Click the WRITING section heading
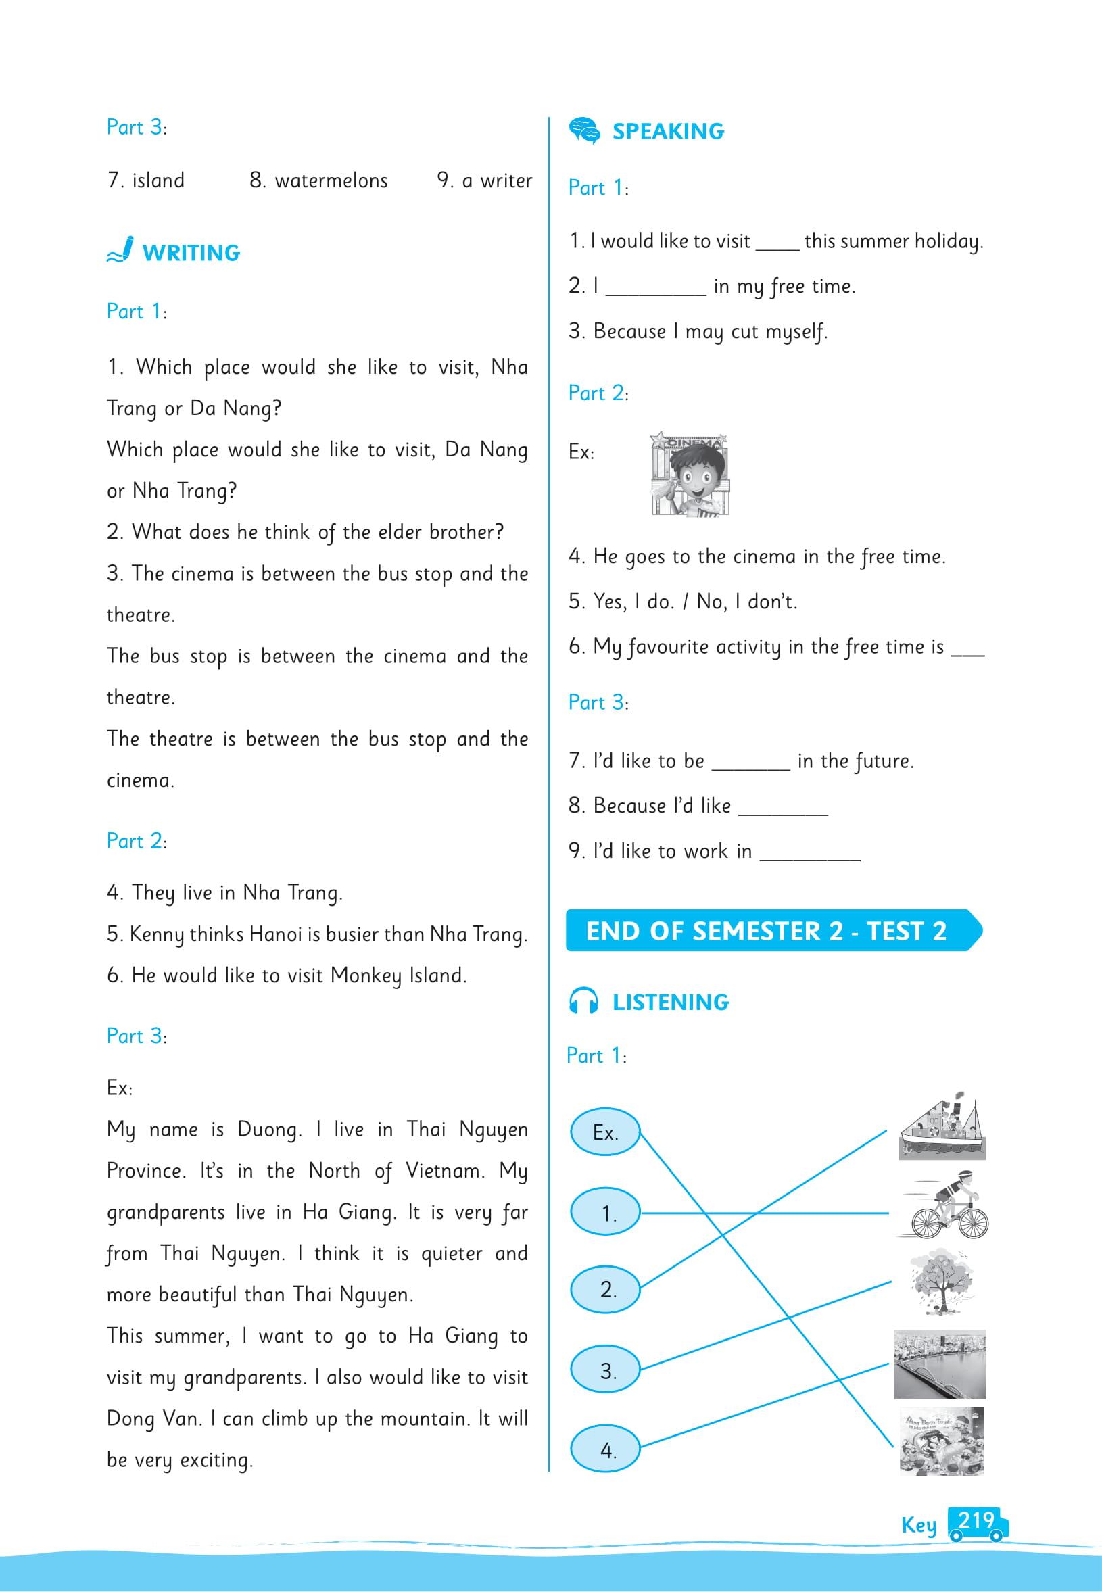[x=191, y=253]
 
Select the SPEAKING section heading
[x=668, y=131]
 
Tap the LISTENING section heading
[x=670, y=1002]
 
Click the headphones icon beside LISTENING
[x=583, y=1001]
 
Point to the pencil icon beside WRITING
[x=120, y=250]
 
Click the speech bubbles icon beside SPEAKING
[x=584, y=130]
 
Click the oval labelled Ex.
[x=605, y=1132]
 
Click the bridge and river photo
[x=940, y=1365]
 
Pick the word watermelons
[x=331, y=181]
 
